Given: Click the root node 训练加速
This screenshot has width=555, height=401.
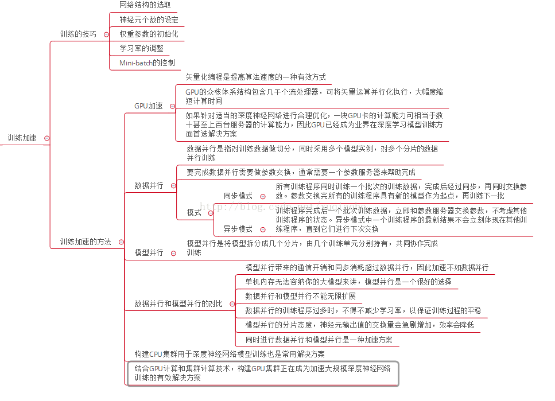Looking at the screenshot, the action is tap(22, 138).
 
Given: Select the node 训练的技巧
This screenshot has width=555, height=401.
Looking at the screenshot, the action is tap(78, 34).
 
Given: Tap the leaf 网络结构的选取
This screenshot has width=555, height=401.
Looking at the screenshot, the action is tap(145, 5).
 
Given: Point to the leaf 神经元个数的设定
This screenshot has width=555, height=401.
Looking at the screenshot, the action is tap(149, 20).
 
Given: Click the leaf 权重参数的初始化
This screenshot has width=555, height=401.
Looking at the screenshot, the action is tap(149, 34).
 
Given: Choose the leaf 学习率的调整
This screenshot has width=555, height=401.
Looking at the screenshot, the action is tap(141, 48).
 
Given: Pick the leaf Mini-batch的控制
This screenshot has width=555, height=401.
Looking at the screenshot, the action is tap(147, 63).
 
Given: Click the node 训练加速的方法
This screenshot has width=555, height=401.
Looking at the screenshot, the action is tap(86, 242).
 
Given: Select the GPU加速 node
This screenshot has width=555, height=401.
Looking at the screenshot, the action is tap(148, 106).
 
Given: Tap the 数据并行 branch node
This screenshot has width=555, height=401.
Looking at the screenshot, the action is tap(149, 185).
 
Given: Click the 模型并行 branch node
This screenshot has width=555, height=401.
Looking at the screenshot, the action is tap(149, 252).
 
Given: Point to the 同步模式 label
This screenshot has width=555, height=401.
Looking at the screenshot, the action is tap(238, 196).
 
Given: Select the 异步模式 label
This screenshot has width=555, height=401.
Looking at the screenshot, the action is tap(238, 229).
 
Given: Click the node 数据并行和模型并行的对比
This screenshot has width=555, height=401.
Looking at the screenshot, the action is tap(178, 303).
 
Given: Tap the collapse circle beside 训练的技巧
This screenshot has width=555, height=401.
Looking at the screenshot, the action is tap(106, 34).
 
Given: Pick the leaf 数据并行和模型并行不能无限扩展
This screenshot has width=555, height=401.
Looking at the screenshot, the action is tap(300, 296).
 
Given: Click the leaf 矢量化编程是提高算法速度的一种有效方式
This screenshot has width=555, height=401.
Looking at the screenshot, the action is tap(255, 77).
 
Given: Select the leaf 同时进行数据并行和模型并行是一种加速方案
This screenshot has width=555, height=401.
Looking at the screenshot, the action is tap(319, 340).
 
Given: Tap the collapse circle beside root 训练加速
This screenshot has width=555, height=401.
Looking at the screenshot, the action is tap(46, 138).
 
